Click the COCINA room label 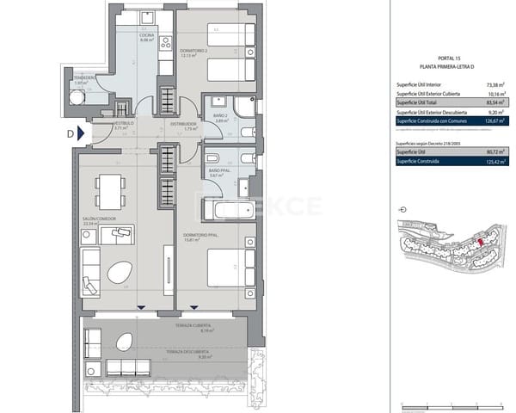[x=146, y=34]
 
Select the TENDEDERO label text [x=83, y=78]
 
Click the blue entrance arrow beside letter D [x=81, y=133]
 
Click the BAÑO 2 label [x=219, y=118]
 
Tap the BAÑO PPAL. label [x=218, y=173]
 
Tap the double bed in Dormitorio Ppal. [x=230, y=268]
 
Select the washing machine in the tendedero [x=79, y=97]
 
